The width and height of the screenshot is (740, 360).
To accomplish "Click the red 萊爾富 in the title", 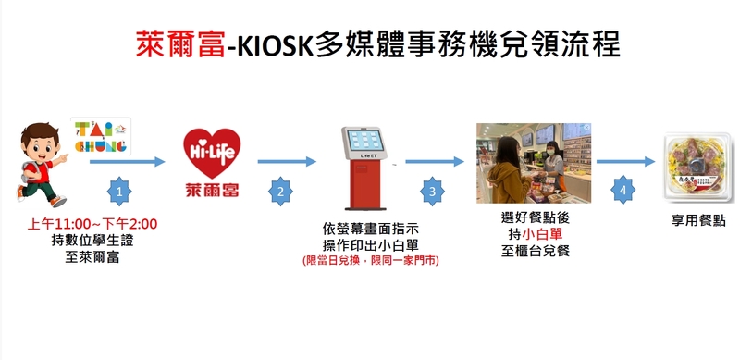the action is pyautogui.click(x=180, y=44).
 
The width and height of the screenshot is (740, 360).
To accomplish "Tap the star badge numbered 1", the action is pyautogui.click(x=119, y=192).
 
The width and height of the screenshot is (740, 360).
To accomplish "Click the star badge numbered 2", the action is pyautogui.click(x=281, y=192).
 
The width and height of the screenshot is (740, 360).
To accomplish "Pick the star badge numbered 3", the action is pyautogui.click(x=433, y=192).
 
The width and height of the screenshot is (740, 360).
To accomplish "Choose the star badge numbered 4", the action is pyautogui.click(x=623, y=191).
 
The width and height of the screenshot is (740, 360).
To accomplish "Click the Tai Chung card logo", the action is pyautogui.click(x=101, y=137).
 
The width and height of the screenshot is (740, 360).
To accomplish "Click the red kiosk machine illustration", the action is pyautogui.click(x=364, y=168).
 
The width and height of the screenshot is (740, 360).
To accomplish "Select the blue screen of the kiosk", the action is pyautogui.click(x=364, y=141).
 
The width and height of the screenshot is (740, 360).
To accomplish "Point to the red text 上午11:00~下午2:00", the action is pyautogui.click(x=92, y=224).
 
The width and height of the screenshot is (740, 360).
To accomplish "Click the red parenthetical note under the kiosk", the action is pyautogui.click(x=371, y=260).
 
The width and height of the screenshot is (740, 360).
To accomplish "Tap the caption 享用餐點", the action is pyautogui.click(x=698, y=220).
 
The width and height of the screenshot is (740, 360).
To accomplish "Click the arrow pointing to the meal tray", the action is pyautogui.click(x=625, y=162).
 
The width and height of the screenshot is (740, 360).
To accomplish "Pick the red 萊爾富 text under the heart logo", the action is pyautogui.click(x=212, y=190).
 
